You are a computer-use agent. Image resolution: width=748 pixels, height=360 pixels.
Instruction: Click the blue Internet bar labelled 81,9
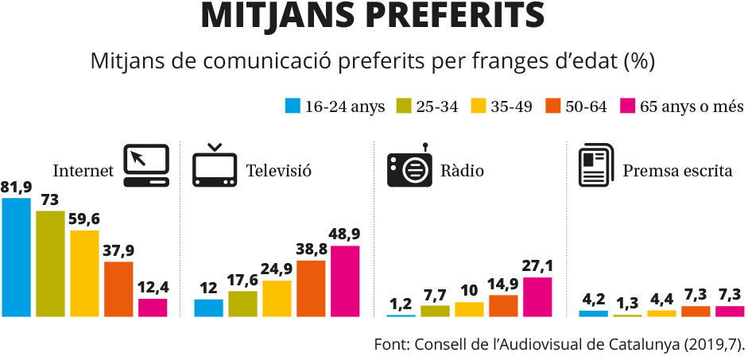click(16, 257)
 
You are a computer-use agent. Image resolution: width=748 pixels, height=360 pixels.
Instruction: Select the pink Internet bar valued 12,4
click(153, 308)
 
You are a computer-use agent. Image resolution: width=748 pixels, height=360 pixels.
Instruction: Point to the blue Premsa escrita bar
click(594, 314)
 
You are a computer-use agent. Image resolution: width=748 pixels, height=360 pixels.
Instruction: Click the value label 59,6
click(84, 220)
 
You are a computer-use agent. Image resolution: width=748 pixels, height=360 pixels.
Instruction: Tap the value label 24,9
click(277, 270)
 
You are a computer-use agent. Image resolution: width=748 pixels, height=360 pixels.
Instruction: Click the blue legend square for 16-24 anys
click(293, 106)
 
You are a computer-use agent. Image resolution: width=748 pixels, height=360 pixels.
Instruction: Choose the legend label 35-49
click(511, 106)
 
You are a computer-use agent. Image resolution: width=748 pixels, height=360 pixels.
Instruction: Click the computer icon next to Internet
click(146, 165)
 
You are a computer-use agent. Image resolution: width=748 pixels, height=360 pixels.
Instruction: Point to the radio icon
click(409, 165)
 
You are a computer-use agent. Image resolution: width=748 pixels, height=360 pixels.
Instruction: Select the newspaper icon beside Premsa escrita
click(594, 165)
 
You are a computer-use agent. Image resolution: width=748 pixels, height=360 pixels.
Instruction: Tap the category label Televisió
click(278, 170)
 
